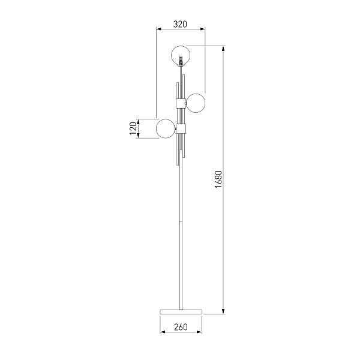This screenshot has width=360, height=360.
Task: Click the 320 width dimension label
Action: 180,24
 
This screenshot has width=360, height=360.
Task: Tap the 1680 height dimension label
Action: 218,179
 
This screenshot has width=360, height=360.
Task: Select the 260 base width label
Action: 181,327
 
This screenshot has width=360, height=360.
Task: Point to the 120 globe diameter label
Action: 133,128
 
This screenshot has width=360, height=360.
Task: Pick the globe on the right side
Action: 196,103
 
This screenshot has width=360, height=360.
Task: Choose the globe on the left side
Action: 166,128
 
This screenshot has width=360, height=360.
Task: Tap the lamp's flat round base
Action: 181,311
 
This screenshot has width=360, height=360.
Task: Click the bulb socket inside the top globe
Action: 181,61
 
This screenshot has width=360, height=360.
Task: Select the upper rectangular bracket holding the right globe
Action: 181,103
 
